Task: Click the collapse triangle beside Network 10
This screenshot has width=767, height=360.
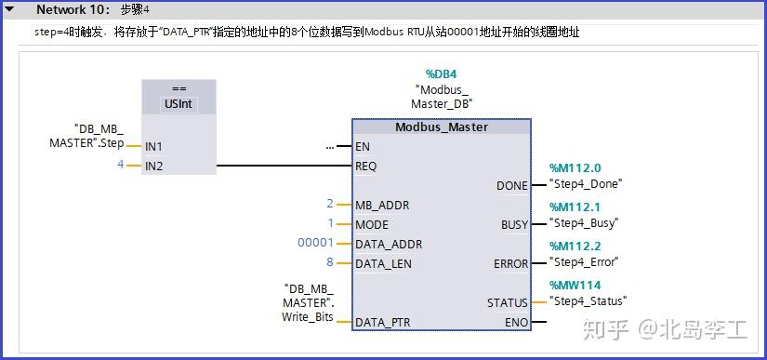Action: click(10, 9)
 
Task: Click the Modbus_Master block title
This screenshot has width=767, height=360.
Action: click(441, 127)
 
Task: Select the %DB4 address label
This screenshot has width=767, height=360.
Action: click(442, 73)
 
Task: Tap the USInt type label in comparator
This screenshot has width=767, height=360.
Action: click(179, 104)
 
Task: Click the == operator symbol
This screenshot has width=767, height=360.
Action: click(179, 90)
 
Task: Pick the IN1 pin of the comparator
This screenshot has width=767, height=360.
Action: click(153, 146)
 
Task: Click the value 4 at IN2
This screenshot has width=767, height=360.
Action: click(120, 165)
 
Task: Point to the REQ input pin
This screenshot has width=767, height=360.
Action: click(366, 167)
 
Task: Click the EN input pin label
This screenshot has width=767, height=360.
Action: click(363, 147)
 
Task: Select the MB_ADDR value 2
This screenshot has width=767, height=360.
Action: click(329, 204)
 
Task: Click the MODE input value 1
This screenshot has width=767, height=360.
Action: click(330, 223)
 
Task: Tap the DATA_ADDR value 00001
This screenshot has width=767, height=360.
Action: click(314, 244)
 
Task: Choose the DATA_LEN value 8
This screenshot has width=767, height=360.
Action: click(329, 263)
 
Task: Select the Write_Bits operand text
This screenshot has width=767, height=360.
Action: click(308, 317)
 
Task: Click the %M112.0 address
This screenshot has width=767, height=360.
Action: click(575, 168)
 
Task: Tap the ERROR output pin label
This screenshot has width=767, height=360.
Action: click(510, 264)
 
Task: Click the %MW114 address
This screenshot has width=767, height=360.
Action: click(575, 286)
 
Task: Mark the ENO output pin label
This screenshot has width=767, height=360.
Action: click(515, 322)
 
